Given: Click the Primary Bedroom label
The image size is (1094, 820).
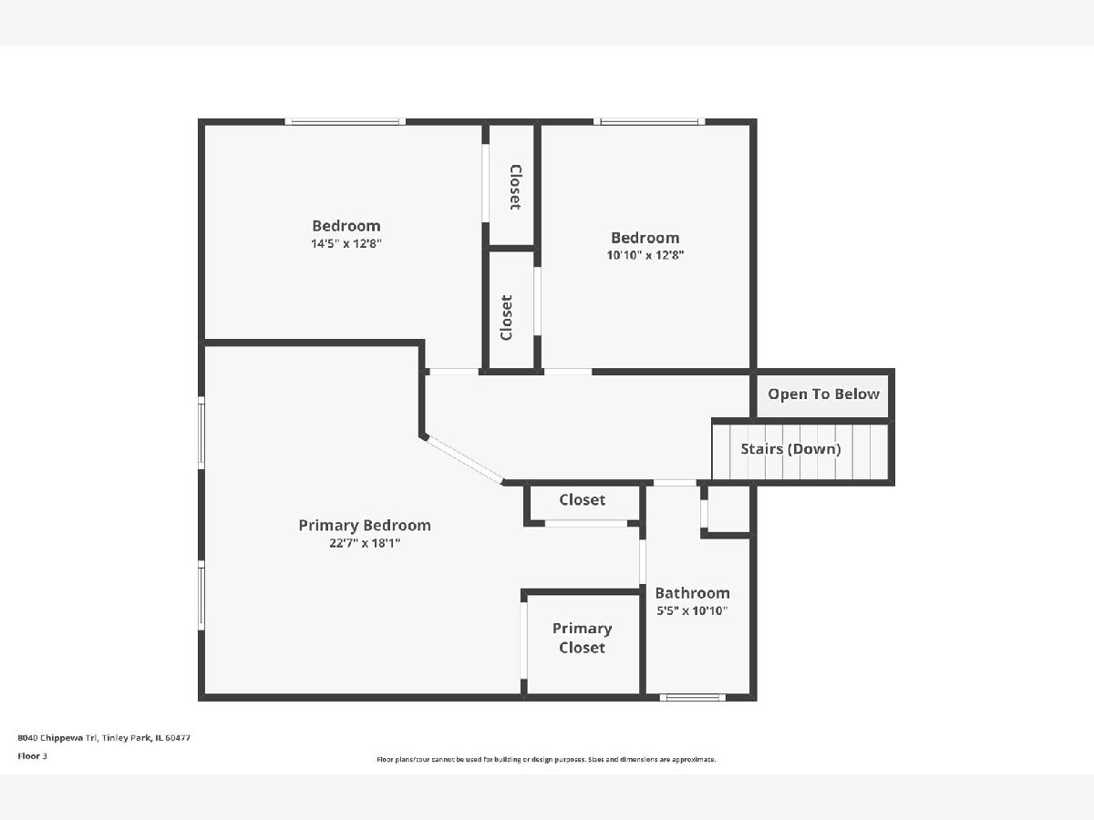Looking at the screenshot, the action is pyautogui.click(x=365, y=526).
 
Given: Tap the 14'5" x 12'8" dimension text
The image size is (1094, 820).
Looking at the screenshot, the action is pyautogui.click(x=346, y=243).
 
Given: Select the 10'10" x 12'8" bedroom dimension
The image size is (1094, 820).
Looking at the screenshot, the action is pyautogui.click(x=645, y=255).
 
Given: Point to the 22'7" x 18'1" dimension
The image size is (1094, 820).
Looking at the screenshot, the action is pyautogui.click(x=365, y=543).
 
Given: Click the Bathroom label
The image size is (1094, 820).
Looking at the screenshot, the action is pyautogui.click(x=692, y=593).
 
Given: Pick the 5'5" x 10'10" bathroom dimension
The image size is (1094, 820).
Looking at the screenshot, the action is pyautogui.click(x=692, y=610).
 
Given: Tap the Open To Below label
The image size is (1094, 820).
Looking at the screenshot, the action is pyautogui.click(x=823, y=395).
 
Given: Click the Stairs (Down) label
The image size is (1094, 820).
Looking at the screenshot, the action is pyautogui.click(x=790, y=449).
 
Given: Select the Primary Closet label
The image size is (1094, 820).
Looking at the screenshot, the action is pyautogui.click(x=582, y=638).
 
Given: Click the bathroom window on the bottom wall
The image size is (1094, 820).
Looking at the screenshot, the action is pyautogui.click(x=693, y=698).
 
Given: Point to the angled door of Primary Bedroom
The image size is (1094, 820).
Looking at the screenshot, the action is pyautogui.click(x=463, y=459).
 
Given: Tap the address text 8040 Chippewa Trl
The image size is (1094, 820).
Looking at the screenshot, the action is pyautogui.click(x=57, y=738).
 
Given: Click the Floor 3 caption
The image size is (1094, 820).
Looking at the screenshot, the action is pyautogui.click(x=33, y=756).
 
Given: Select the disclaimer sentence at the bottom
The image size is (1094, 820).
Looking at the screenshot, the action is pyautogui.click(x=546, y=759).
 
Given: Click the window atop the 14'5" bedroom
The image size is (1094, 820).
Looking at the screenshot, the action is pyautogui.click(x=345, y=121).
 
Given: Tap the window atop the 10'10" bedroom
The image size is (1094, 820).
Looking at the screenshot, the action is pyautogui.click(x=649, y=121).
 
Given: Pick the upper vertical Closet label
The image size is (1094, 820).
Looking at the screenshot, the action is pyautogui.click(x=515, y=187).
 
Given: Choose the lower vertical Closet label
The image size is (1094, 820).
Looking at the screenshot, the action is pyautogui.click(x=506, y=318).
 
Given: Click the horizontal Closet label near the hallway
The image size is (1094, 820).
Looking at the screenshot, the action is pyautogui.click(x=583, y=499).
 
